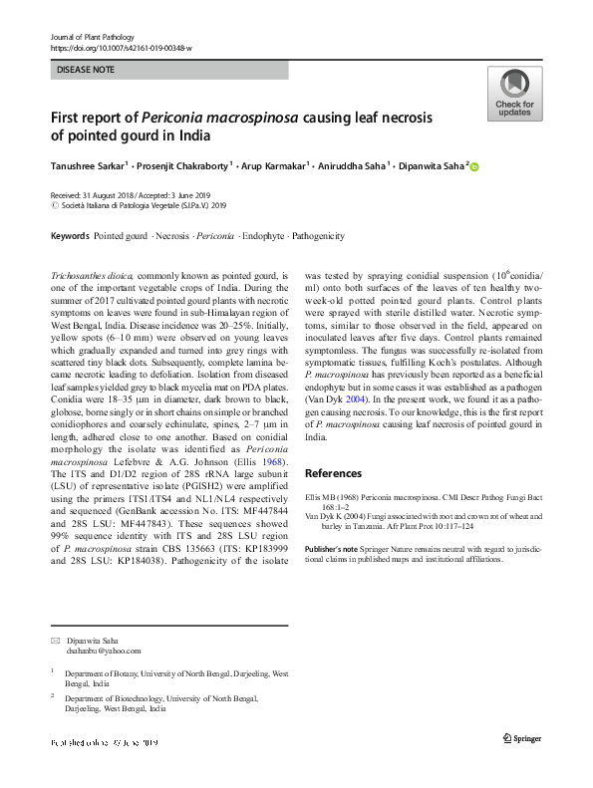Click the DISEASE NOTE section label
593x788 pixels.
point(86,70)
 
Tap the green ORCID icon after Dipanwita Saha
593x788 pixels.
point(474,166)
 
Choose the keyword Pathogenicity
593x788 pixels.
point(317,236)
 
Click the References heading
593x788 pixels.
point(335,473)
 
